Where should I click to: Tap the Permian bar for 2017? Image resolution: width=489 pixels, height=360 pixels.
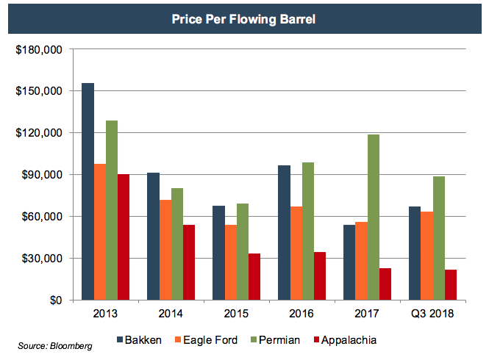pos(374,217)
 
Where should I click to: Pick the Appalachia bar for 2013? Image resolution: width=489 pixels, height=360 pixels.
pos(124,237)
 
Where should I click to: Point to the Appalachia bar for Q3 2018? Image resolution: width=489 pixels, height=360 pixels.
pos(451,285)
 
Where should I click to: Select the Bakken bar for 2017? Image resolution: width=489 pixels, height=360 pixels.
pos(349,262)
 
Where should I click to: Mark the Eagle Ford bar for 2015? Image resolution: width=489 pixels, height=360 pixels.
pos(230,262)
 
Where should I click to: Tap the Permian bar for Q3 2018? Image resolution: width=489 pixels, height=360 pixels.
pos(439,238)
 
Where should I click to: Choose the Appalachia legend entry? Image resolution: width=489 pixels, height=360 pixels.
pos(343,340)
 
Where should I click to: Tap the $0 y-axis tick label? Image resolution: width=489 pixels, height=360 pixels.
pos(55,300)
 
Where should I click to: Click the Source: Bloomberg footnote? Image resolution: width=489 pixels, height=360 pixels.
pos(56,345)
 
